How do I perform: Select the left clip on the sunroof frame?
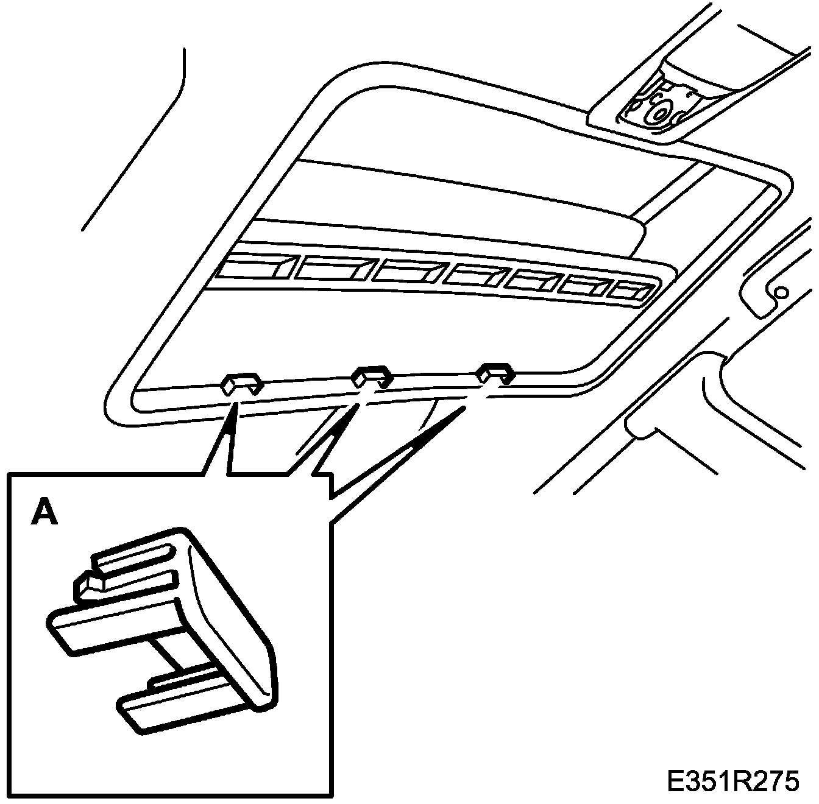tap(241, 383)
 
